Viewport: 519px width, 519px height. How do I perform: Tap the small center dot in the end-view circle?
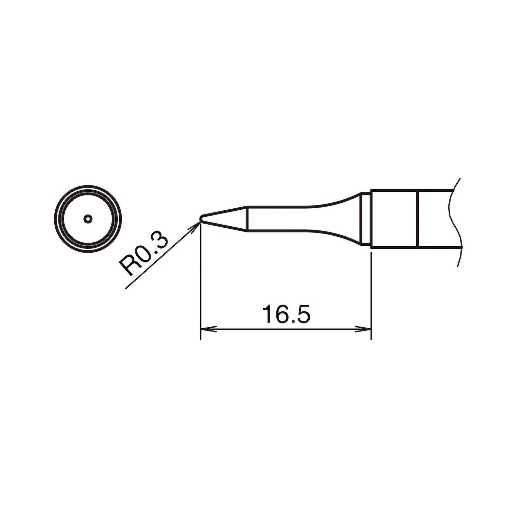click(88, 219)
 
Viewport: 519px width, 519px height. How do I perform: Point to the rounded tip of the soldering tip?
click(201, 218)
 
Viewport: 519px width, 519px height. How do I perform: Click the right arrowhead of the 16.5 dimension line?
click(365, 329)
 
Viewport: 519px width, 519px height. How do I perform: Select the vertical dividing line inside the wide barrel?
click(419, 219)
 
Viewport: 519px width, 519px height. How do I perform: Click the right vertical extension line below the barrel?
click(371, 294)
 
